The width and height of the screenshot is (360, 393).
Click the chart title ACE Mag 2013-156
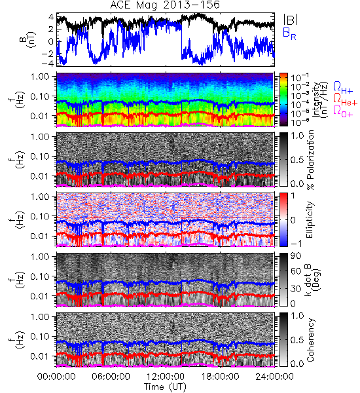(165, 5)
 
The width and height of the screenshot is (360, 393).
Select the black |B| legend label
(291, 20)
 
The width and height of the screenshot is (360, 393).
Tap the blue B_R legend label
(289, 34)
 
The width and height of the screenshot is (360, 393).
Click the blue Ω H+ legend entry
(343, 88)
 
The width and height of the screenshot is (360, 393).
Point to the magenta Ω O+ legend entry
(343, 111)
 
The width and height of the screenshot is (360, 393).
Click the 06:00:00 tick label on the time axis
(111, 377)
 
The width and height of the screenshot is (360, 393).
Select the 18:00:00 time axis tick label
(220, 377)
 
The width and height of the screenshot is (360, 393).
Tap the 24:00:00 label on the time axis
(274, 377)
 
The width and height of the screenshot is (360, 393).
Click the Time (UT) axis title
(165, 386)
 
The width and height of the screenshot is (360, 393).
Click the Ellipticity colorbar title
(310, 220)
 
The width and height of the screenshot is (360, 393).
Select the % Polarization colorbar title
(310, 160)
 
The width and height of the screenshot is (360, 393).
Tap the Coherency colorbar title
(310, 340)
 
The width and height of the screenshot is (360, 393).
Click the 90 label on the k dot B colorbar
(296, 256)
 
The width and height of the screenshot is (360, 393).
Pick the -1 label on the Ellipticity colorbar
(295, 244)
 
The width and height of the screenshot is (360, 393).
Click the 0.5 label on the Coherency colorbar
(297, 340)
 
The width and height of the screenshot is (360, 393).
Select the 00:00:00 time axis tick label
(56, 377)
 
